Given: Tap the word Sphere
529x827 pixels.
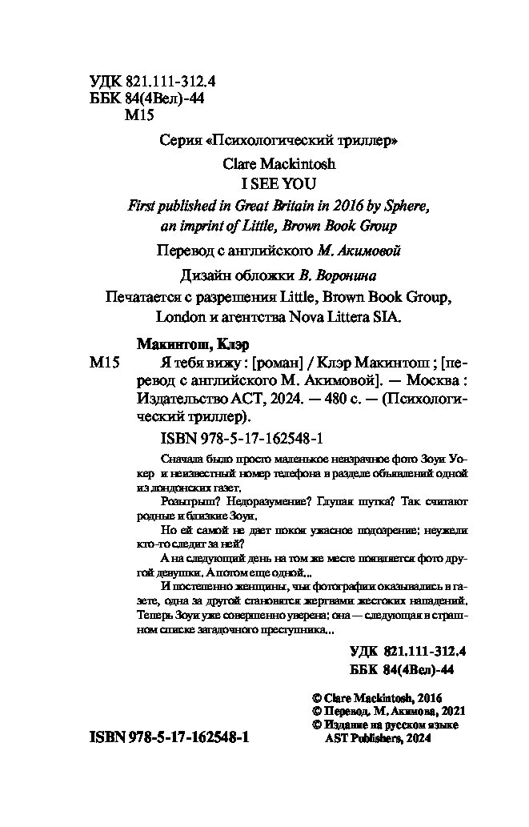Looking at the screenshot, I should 408,205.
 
